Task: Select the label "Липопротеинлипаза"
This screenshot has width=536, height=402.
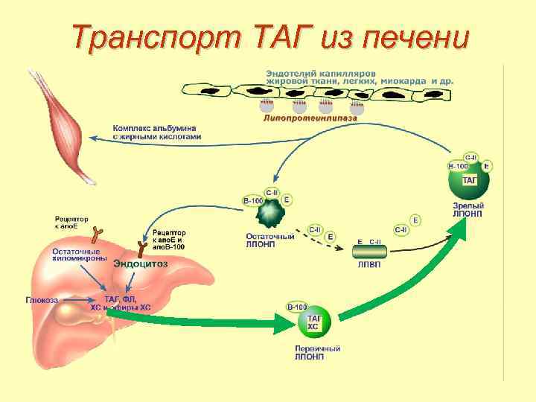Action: pos(310,117)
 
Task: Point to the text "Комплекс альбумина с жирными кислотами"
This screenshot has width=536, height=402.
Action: pos(156,133)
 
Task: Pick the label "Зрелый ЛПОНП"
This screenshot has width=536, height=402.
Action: pos(468,209)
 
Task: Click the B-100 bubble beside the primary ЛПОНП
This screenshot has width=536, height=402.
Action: pos(296,307)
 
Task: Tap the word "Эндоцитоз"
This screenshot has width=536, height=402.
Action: pos(141,264)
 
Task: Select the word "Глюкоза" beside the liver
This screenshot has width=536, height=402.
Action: pos(42,299)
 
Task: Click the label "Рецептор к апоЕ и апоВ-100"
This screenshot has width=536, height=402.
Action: pos(170,240)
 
